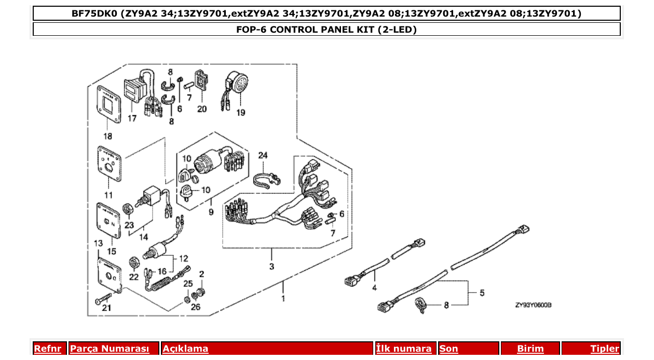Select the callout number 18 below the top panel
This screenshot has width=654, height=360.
[x=107, y=136]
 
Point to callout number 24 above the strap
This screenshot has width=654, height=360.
[x=263, y=156]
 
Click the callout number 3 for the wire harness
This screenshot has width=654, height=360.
[x=271, y=267]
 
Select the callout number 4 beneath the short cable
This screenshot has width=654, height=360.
[x=374, y=287]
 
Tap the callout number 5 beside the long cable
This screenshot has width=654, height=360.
[x=482, y=294]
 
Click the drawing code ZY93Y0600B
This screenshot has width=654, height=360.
[x=533, y=306]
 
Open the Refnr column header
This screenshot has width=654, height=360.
[x=47, y=349]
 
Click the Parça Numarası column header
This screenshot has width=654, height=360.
[x=110, y=349]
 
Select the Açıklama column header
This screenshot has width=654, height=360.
[x=185, y=349]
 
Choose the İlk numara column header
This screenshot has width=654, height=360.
[x=404, y=349]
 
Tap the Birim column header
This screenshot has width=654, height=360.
[x=530, y=349]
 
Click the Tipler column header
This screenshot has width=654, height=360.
[x=605, y=349]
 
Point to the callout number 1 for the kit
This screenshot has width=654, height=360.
[x=283, y=299]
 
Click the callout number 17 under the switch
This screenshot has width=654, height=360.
[x=132, y=118]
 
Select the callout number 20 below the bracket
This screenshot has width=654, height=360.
[x=201, y=109]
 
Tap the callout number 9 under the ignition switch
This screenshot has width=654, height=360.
[x=211, y=212]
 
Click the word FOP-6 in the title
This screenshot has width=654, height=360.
[x=251, y=29]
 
